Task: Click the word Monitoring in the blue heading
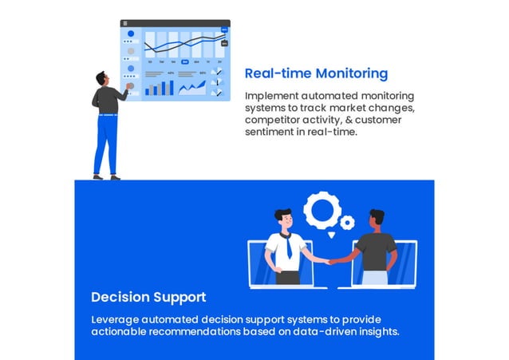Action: pyautogui.click(x=351, y=74)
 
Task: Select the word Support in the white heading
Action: pyautogui.click(x=180, y=298)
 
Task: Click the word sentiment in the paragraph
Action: pyautogui.click(x=272, y=132)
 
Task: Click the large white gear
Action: pyautogui.click(x=322, y=211)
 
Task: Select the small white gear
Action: pyautogui.click(x=347, y=223)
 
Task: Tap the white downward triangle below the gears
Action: pyautogui.click(x=330, y=235)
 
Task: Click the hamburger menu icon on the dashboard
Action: pyautogui.click(x=125, y=24)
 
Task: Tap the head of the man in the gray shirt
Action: pyautogui.click(x=377, y=217)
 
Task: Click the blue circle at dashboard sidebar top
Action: pyautogui.click(x=131, y=34)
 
